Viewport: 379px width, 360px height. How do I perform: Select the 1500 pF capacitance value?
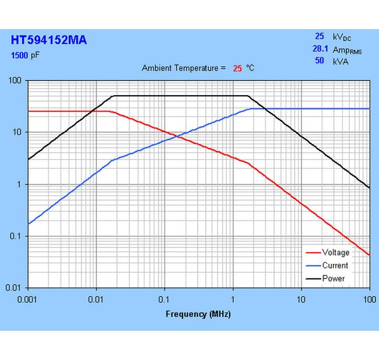pyautogui.click(x=27, y=56)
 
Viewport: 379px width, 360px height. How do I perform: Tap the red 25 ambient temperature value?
pyautogui.click(x=237, y=68)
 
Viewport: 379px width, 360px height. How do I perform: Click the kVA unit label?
pyautogui.click(x=341, y=61)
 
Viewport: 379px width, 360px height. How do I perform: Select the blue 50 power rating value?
pyautogui.click(x=320, y=61)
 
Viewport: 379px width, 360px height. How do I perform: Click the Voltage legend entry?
pyautogui.click(x=335, y=253)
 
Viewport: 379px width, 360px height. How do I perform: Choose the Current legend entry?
pyautogui.click(x=335, y=265)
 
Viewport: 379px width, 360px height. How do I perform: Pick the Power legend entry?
pyautogui.click(x=333, y=278)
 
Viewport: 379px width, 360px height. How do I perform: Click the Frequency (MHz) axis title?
pyautogui.click(x=198, y=314)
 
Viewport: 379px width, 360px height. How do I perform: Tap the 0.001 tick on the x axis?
pyautogui.click(x=27, y=299)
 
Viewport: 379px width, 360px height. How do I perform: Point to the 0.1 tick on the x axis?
pyautogui.click(x=164, y=299)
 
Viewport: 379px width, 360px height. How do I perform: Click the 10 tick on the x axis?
pyautogui.click(x=301, y=299)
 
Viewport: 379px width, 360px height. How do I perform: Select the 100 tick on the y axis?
pyautogui.click(x=17, y=81)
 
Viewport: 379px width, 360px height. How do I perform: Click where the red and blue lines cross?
pyautogui.click(x=179, y=137)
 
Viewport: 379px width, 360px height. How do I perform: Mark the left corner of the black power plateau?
pyautogui.click(x=114, y=96)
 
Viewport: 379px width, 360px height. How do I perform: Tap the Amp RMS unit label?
pyautogui.click(x=347, y=50)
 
